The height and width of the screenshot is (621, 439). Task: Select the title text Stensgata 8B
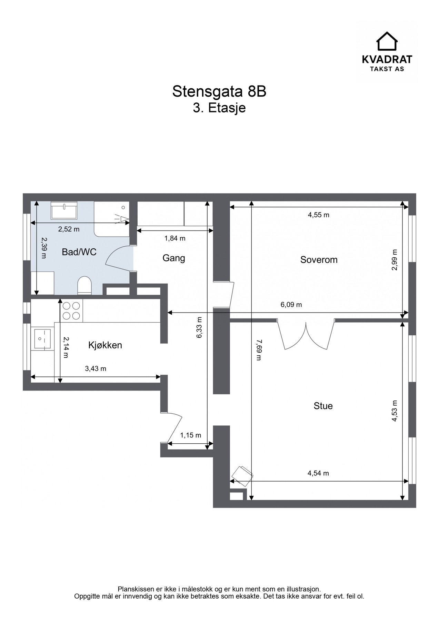219,91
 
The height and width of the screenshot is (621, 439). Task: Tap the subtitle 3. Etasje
219,108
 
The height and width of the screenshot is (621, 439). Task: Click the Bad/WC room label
79,252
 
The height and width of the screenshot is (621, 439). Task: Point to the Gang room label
174,258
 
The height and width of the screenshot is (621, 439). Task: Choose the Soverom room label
319,260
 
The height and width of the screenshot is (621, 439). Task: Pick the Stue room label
323,406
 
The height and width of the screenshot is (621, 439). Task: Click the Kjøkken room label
105,345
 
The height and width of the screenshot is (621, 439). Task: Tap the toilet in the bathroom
84,286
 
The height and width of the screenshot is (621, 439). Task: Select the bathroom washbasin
64,210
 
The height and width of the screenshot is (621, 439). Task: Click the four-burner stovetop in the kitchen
71,310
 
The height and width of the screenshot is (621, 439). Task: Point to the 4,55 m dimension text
318,215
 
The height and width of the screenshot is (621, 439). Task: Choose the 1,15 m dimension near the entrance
190,435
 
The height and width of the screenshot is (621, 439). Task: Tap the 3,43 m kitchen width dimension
96,369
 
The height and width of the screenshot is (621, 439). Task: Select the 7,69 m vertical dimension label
259,350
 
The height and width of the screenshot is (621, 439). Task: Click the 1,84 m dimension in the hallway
175,238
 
